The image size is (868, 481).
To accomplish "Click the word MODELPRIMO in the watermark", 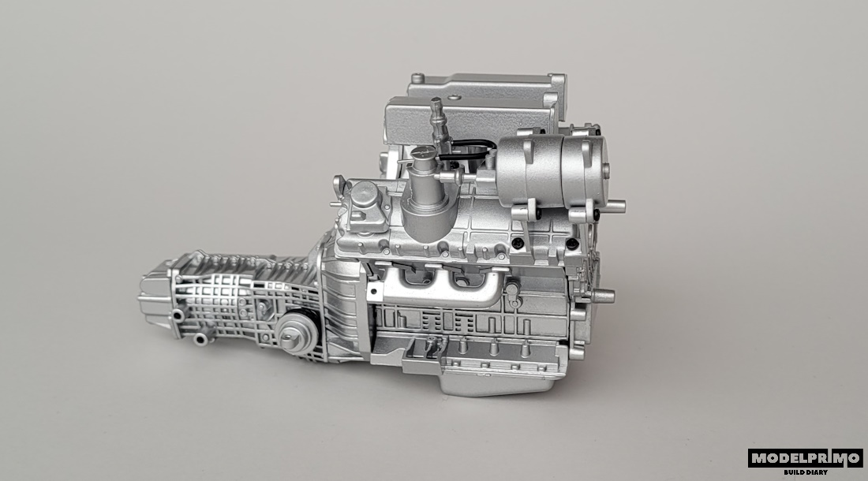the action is (806, 458).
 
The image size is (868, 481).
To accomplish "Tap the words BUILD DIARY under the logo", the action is (806, 472).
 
